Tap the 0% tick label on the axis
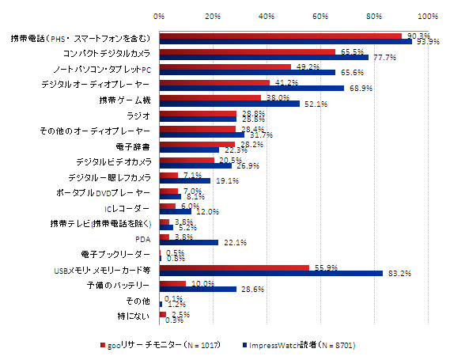(159, 16)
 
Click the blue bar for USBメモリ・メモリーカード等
(271, 273)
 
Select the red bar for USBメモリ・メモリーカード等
(234, 267)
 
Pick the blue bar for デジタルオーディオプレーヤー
(251, 88)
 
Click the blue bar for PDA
(189, 242)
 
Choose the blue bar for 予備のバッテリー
(198, 289)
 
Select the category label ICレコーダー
(128, 209)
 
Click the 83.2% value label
(398, 275)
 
